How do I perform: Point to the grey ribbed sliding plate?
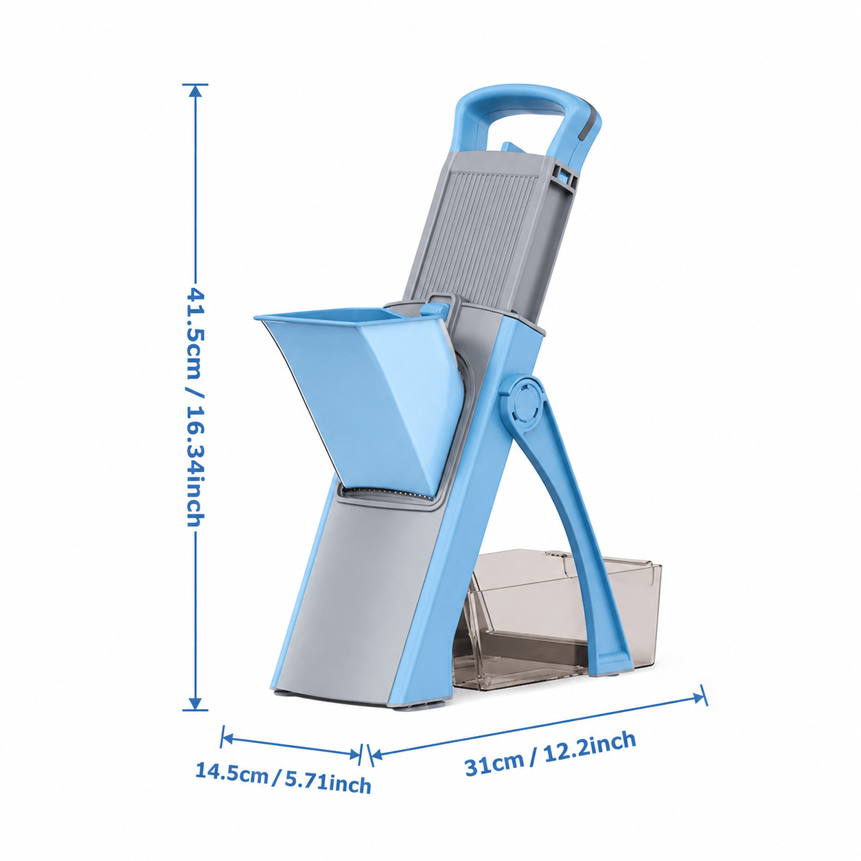pos(485,232)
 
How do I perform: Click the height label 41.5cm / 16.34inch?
pos(195,406)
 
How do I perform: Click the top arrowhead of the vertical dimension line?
pos(195,91)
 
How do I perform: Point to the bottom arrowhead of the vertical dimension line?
pos(195,702)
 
